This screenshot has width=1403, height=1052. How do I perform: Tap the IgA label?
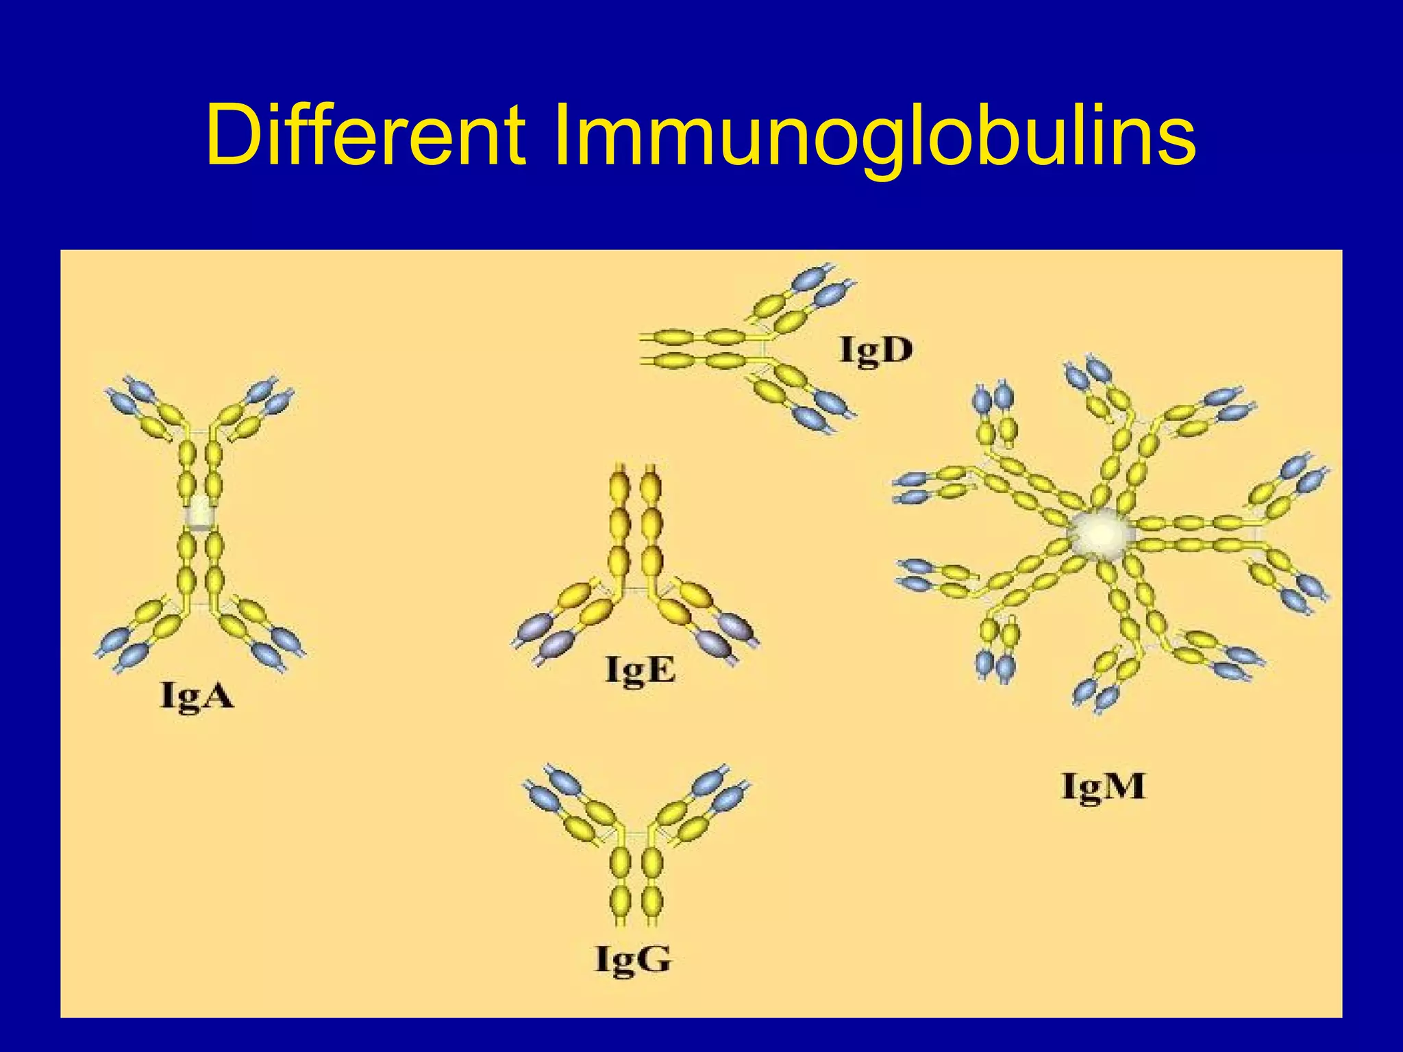197,697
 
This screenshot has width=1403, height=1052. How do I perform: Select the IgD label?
876,350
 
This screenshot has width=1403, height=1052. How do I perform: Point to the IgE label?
641,670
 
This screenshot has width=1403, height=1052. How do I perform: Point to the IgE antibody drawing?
636,568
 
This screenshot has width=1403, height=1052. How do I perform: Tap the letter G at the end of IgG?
652,958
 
